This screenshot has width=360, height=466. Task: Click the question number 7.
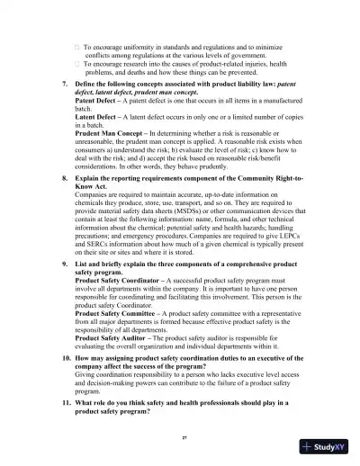click(63, 82)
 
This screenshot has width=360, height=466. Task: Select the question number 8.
click(63, 180)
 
